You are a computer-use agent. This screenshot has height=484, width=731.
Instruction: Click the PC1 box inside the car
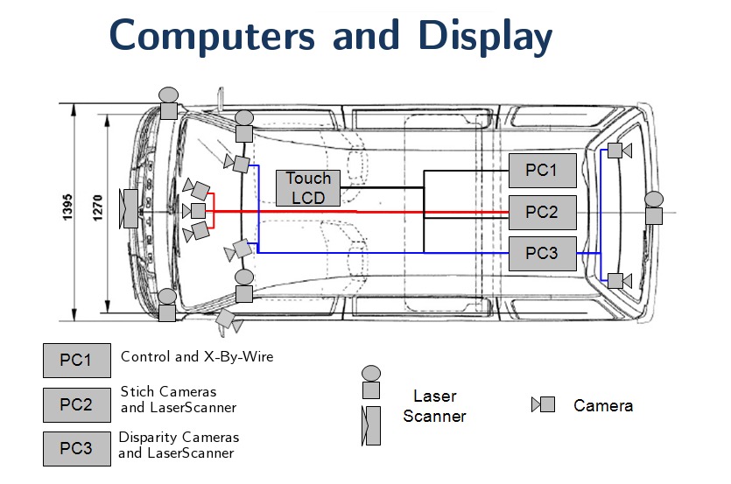[543, 170]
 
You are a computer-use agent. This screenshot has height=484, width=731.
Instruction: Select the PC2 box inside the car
[543, 212]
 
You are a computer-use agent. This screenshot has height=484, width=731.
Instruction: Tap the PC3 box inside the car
[543, 253]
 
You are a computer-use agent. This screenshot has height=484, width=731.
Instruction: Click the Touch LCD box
[308, 188]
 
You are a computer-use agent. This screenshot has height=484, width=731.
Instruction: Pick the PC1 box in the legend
[76, 360]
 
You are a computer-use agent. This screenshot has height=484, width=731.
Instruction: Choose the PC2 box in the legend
[76, 404]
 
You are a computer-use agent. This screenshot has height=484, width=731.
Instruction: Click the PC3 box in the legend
[76, 448]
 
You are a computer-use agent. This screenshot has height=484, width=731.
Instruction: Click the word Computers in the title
[213, 37]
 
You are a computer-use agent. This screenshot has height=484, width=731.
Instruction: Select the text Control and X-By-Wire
[197, 356]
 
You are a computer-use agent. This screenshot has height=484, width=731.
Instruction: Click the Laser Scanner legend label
[435, 407]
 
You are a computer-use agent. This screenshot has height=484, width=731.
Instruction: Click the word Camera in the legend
[603, 405]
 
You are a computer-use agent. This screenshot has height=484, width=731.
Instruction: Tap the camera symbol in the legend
[544, 405]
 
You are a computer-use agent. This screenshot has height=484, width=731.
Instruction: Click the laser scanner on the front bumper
[130, 209]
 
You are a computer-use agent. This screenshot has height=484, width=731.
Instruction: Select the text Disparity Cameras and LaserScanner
[179, 445]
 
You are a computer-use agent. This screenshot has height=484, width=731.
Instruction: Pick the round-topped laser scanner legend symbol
[371, 383]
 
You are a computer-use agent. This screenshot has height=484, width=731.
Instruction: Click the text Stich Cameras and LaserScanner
[179, 399]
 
